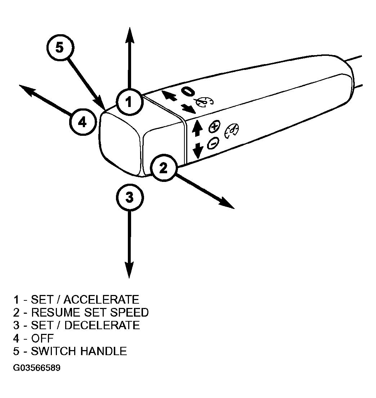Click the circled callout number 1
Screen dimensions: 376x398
tap(130, 102)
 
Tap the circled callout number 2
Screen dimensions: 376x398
tap(163, 168)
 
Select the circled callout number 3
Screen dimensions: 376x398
tap(130, 197)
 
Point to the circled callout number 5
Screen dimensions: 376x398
tap(60, 48)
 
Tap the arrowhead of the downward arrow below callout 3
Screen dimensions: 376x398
tap(129, 270)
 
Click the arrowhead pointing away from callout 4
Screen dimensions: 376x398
tap(27, 90)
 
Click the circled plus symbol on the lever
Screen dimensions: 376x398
tap(214, 126)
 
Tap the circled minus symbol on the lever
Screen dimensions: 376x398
tap(213, 143)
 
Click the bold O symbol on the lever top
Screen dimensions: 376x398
tap(188, 91)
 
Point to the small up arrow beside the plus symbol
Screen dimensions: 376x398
tap(197, 129)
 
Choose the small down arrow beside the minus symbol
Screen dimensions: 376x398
tap(198, 151)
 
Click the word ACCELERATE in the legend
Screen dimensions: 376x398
tap(101, 300)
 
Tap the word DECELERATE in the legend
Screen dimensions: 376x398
tap(102, 325)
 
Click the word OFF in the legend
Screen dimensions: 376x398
tap(42, 338)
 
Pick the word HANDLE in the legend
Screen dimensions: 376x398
tap(103, 351)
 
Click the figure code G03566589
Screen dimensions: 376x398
tap(37, 367)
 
